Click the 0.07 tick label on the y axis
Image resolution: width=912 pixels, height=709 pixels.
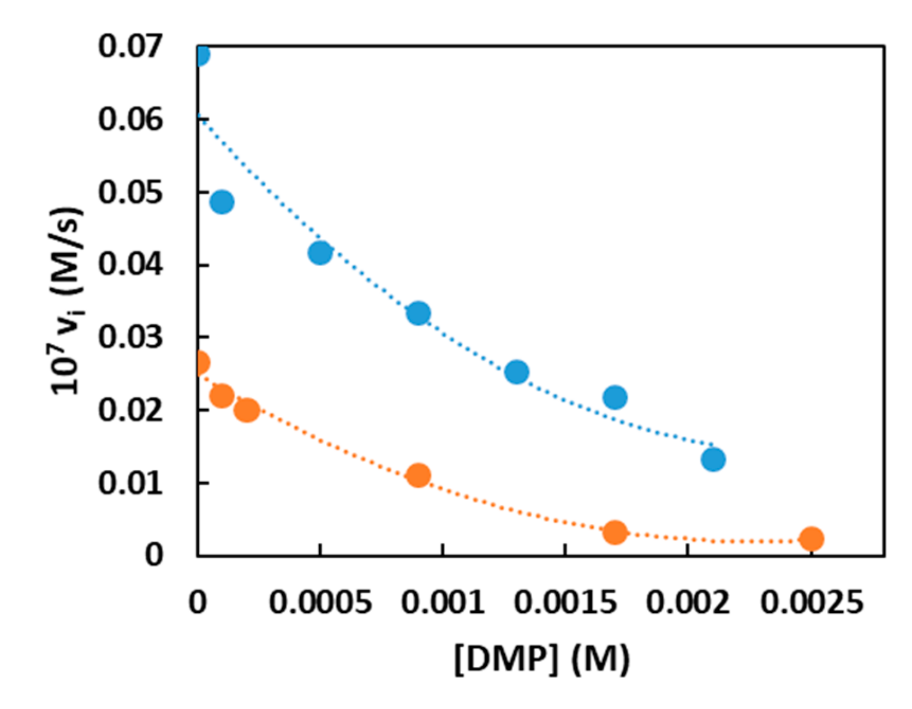(131, 47)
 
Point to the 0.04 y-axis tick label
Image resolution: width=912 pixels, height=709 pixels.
(131, 264)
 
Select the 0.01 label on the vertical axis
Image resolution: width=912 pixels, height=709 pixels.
(131, 483)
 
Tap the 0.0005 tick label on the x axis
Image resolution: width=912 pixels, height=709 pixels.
(320, 603)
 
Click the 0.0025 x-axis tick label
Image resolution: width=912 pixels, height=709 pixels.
(811, 603)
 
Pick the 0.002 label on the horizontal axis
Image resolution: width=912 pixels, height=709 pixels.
(687, 603)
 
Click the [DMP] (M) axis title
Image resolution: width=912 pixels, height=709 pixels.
(542, 658)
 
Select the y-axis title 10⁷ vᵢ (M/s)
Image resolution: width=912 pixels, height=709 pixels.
(68, 301)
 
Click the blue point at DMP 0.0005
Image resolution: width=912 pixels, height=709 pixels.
(320, 253)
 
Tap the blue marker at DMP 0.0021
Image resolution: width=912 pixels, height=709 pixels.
(713, 460)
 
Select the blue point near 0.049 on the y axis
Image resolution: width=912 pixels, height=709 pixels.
(222, 201)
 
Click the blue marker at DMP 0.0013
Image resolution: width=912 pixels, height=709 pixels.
(517, 372)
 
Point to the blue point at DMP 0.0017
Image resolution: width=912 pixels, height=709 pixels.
(615, 397)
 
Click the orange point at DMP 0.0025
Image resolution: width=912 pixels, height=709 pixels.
(811, 539)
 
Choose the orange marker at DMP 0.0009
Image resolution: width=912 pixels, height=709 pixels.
(418, 475)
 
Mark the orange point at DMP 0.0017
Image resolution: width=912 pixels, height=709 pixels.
(615, 532)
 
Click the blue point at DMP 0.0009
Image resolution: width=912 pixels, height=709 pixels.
(418, 313)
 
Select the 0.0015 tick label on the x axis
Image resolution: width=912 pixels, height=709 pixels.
(566, 603)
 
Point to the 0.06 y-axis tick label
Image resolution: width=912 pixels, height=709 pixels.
(131, 119)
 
